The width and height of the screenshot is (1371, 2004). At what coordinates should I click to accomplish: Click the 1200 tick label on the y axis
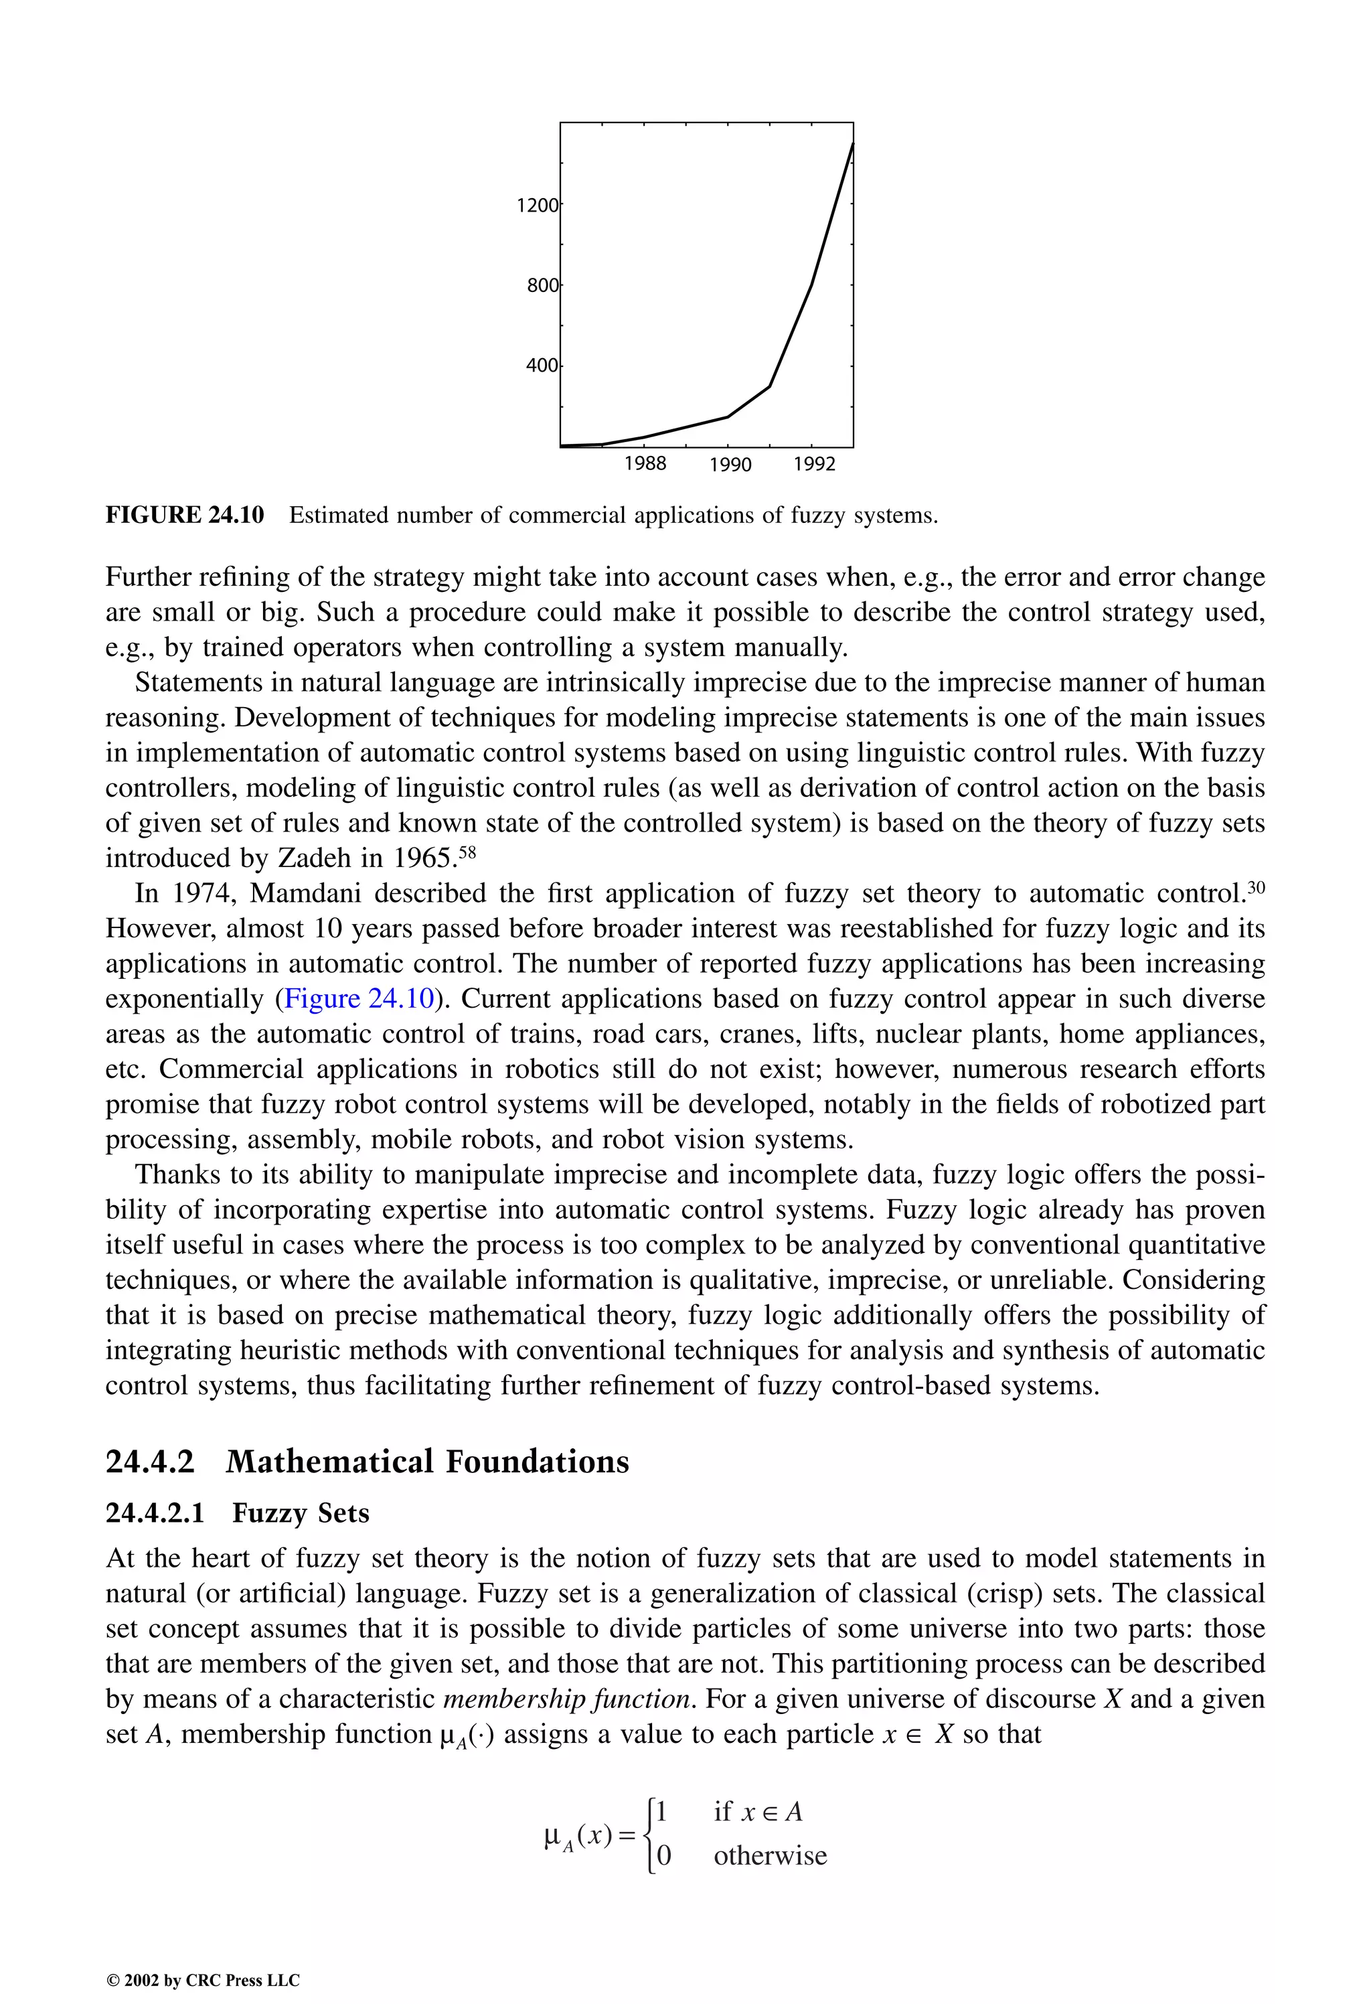(x=537, y=206)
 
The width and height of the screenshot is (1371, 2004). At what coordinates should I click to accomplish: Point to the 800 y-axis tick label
(x=542, y=285)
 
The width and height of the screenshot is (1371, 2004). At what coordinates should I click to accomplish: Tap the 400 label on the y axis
(x=542, y=366)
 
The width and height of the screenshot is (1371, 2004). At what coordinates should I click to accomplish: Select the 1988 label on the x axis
(x=645, y=464)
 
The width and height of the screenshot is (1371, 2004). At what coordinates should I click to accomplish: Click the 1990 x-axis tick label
(x=730, y=465)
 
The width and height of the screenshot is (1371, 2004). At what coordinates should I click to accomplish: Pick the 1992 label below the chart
(x=814, y=465)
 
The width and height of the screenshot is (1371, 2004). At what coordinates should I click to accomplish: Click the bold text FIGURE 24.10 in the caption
(x=185, y=516)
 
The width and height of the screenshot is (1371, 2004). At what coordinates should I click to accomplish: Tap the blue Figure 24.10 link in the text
(x=358, y=998)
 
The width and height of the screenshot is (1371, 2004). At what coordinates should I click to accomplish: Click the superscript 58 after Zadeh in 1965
(x=467, y=852)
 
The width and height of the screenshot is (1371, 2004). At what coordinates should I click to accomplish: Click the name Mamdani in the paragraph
(x=305, y=893)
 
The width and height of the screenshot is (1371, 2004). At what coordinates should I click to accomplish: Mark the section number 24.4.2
(x=150, y=1462)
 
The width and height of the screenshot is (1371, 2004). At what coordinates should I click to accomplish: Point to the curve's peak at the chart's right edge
(x=852, y=144)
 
